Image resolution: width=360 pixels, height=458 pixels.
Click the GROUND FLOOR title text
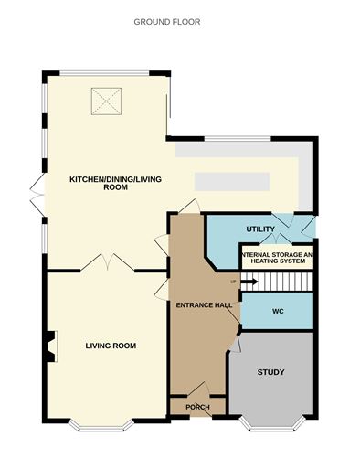(x=167, y=21)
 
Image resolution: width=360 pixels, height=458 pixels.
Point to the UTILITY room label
(x=260, y=229)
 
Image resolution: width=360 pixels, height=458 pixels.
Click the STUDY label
(x=271, y=372)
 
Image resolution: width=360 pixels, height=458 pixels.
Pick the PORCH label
(x=197, y=406)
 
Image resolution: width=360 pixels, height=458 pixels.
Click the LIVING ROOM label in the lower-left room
(x=111, y=346)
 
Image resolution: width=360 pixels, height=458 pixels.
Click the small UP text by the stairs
(x=233, y=281)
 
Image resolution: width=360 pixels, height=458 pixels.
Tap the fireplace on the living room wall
(x=48, y=346)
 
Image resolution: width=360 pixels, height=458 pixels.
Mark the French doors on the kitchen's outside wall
(x=36, y=195)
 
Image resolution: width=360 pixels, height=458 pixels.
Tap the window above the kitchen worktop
(x=236, y=139)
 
